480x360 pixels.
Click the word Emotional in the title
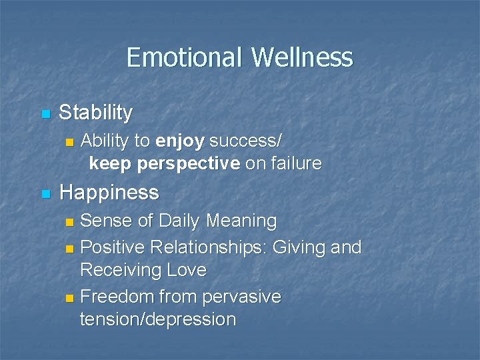(184, 57)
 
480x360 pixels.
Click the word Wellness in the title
(301, 57)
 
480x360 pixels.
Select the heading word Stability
(95, 113)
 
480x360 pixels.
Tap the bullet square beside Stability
(45, 114)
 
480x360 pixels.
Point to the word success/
(245, 141)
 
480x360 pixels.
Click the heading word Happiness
(109, 193)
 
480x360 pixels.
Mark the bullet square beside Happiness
(45, 194)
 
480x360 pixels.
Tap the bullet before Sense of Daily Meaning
(70, 221)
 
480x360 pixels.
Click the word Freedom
(118, 296)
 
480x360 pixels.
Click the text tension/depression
(158, 319)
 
